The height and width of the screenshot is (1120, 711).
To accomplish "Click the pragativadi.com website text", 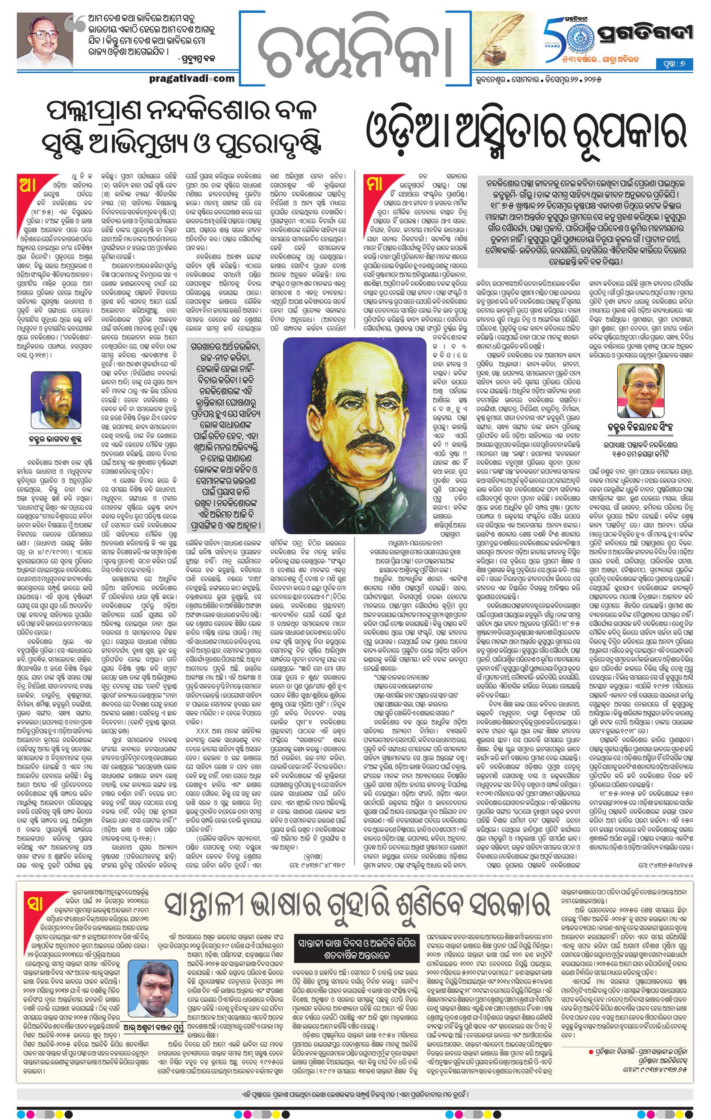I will pyautogui.click(x=192, y=78).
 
